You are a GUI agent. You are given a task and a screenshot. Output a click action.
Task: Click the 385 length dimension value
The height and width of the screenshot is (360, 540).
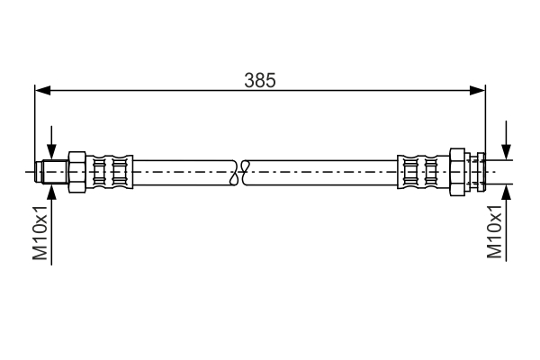click(x=259, y=79)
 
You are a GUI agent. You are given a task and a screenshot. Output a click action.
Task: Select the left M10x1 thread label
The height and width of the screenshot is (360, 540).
click(x=40, y=232)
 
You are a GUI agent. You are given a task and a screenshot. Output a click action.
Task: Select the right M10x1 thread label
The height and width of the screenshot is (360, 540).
click(x=494, y=232)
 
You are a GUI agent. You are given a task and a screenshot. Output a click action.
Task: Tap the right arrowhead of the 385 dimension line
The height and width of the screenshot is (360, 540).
click(x=479, y=89)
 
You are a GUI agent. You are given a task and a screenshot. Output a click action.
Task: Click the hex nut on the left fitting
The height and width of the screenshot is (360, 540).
click(x=76, y=169)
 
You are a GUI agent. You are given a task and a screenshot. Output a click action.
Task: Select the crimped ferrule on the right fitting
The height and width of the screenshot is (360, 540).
click(x=419, y=169)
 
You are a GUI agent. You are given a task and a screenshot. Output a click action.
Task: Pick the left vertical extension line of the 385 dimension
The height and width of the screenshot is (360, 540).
click(x=34, y=126)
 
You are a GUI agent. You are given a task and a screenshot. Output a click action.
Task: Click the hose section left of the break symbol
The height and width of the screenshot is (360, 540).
click(x=180, y=169)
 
